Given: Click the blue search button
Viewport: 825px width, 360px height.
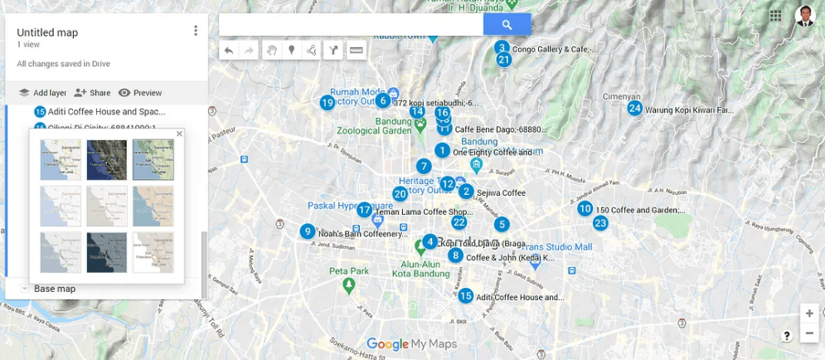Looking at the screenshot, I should pyautogui.click(x=507, y=25).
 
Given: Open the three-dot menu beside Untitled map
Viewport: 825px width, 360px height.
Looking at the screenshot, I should pyautogui.click(x=196, y=32).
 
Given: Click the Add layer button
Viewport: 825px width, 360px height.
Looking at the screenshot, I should pyautogui.click(x=42, y=93).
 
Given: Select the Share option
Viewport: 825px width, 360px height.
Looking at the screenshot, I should pyautogui.click(x=92, y=93).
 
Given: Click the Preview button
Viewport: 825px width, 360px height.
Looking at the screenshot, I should pyautogui.click(x=140, y=93).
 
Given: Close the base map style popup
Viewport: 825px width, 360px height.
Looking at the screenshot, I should pyautogui.click(x=179, y=134).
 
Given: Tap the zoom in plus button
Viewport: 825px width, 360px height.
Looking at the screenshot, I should pyautogui.click(x=809, y=314).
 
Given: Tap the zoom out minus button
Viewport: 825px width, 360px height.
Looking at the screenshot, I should pyautogui.click(x=809, y=333).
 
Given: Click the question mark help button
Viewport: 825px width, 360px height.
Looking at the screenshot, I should pyautogui.click(x=787, y=336).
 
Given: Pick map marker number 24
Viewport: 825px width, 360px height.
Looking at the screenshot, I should pyautogui.click(x=634, y=109).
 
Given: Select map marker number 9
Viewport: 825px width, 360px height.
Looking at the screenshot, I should pyautogui.click(x=308, y=232).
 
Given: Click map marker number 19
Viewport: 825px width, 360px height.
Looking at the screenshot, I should pyautogui.click(x=328, y=103).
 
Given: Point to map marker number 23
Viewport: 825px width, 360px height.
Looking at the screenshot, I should pyautogui.click(x=600, y=223).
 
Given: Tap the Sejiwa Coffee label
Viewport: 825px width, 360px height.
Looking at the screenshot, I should pyautogui.click(x=501, y=193).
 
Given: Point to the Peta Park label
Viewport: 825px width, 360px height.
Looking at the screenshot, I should pyautogui.click(x=348, y=271).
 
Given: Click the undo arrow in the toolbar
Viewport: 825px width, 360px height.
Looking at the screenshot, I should pyautogui.click(x=229, y=51).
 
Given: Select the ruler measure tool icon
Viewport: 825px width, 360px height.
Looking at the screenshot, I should pyautogui.click(x=357, y=51).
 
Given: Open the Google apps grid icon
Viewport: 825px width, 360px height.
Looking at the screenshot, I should pyautogui.click(x=775, y=16).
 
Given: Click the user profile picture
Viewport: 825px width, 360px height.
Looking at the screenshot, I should pyautogui.click(x=804, y=16).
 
